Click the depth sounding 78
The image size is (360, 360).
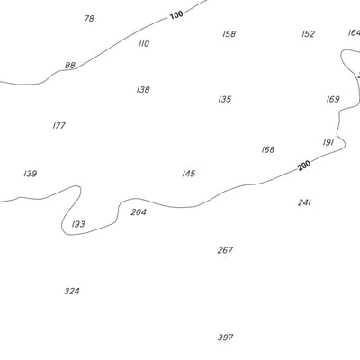coord(89,19)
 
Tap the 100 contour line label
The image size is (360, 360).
coord(176,14)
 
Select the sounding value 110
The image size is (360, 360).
coord(144,44)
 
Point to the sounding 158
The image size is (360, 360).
coord(229,34)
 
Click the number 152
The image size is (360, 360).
coord(309,34)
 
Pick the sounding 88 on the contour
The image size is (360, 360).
coord(70,65)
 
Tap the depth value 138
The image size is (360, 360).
coord(143,89)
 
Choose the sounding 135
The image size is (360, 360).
coord(225,99)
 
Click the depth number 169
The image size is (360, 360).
coord(333,99)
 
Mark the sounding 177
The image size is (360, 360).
coord(59,125)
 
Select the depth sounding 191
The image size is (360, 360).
coord(328,142)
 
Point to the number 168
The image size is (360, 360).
coord(268,149)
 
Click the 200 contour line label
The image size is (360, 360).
coord(304,166)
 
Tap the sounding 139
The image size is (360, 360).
coord(31,174)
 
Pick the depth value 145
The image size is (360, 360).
coord(189,174)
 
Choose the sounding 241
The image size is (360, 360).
coord(304,202)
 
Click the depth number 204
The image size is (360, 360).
coord(139,212)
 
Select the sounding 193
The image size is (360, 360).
coord(78,224)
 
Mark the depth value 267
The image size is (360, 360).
coord(225,250)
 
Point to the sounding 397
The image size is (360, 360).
coord(225,337)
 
